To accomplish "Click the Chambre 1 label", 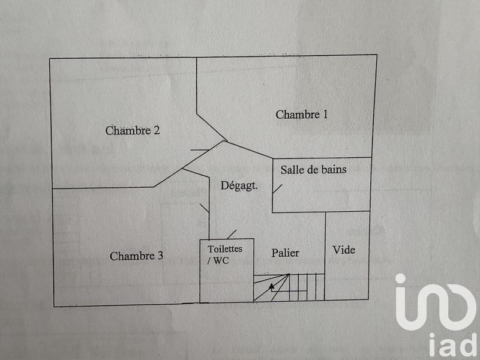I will pos(302,115).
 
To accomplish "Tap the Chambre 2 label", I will pos(132,130).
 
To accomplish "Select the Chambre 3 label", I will pos(136,256).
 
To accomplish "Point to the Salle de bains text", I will pos(313,170).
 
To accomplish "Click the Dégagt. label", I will pos(239,186).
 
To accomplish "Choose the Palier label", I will pos(284,253).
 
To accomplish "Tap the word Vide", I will pos(344,250).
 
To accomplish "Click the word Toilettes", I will pos(225,248).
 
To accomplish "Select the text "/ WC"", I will pos(218,260).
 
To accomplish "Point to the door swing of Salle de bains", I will pos(277,187).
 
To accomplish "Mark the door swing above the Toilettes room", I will pos(232,234).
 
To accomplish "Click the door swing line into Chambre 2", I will pos(200,150).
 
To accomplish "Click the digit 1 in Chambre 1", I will pos(325,115).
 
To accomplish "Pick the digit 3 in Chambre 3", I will pos(160,256).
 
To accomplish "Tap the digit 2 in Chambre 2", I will pos(156,130).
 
